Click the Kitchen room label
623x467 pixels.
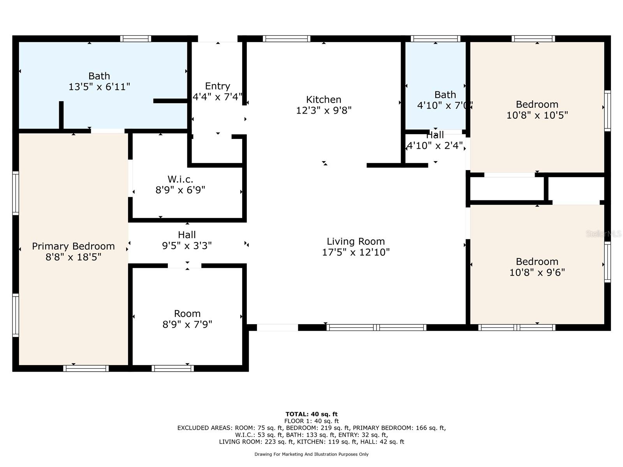(x=324, y=100)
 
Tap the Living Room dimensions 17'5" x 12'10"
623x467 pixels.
(x=355, y=252)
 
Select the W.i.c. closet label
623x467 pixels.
(x=180, y=179)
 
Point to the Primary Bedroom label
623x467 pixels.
(x=73, y=246)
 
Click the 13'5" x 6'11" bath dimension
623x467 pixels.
(x=99, y=87)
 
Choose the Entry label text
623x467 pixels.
(x=217, y=86)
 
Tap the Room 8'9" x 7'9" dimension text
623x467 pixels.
(x=187, y=325)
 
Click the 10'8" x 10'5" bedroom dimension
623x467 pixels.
(x=537, y=115)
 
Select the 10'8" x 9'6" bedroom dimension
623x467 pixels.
(x=537, y=272)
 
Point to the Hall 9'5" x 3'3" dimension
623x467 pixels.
(x=187, y=246)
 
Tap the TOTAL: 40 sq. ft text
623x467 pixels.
(x=311, y=414)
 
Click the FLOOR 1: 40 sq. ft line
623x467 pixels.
(x=311, y=421)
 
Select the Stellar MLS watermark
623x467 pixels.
(x=604, y=233)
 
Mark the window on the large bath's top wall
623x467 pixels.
(x=136, y=39)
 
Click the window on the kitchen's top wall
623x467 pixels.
(x=287, y=39)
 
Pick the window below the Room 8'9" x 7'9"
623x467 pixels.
(x=172, y=368)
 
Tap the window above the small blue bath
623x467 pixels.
(x=435, y=39)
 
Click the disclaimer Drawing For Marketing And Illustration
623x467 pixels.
(x=311, y=454)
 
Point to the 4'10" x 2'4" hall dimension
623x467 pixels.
(x=435, y=146)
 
